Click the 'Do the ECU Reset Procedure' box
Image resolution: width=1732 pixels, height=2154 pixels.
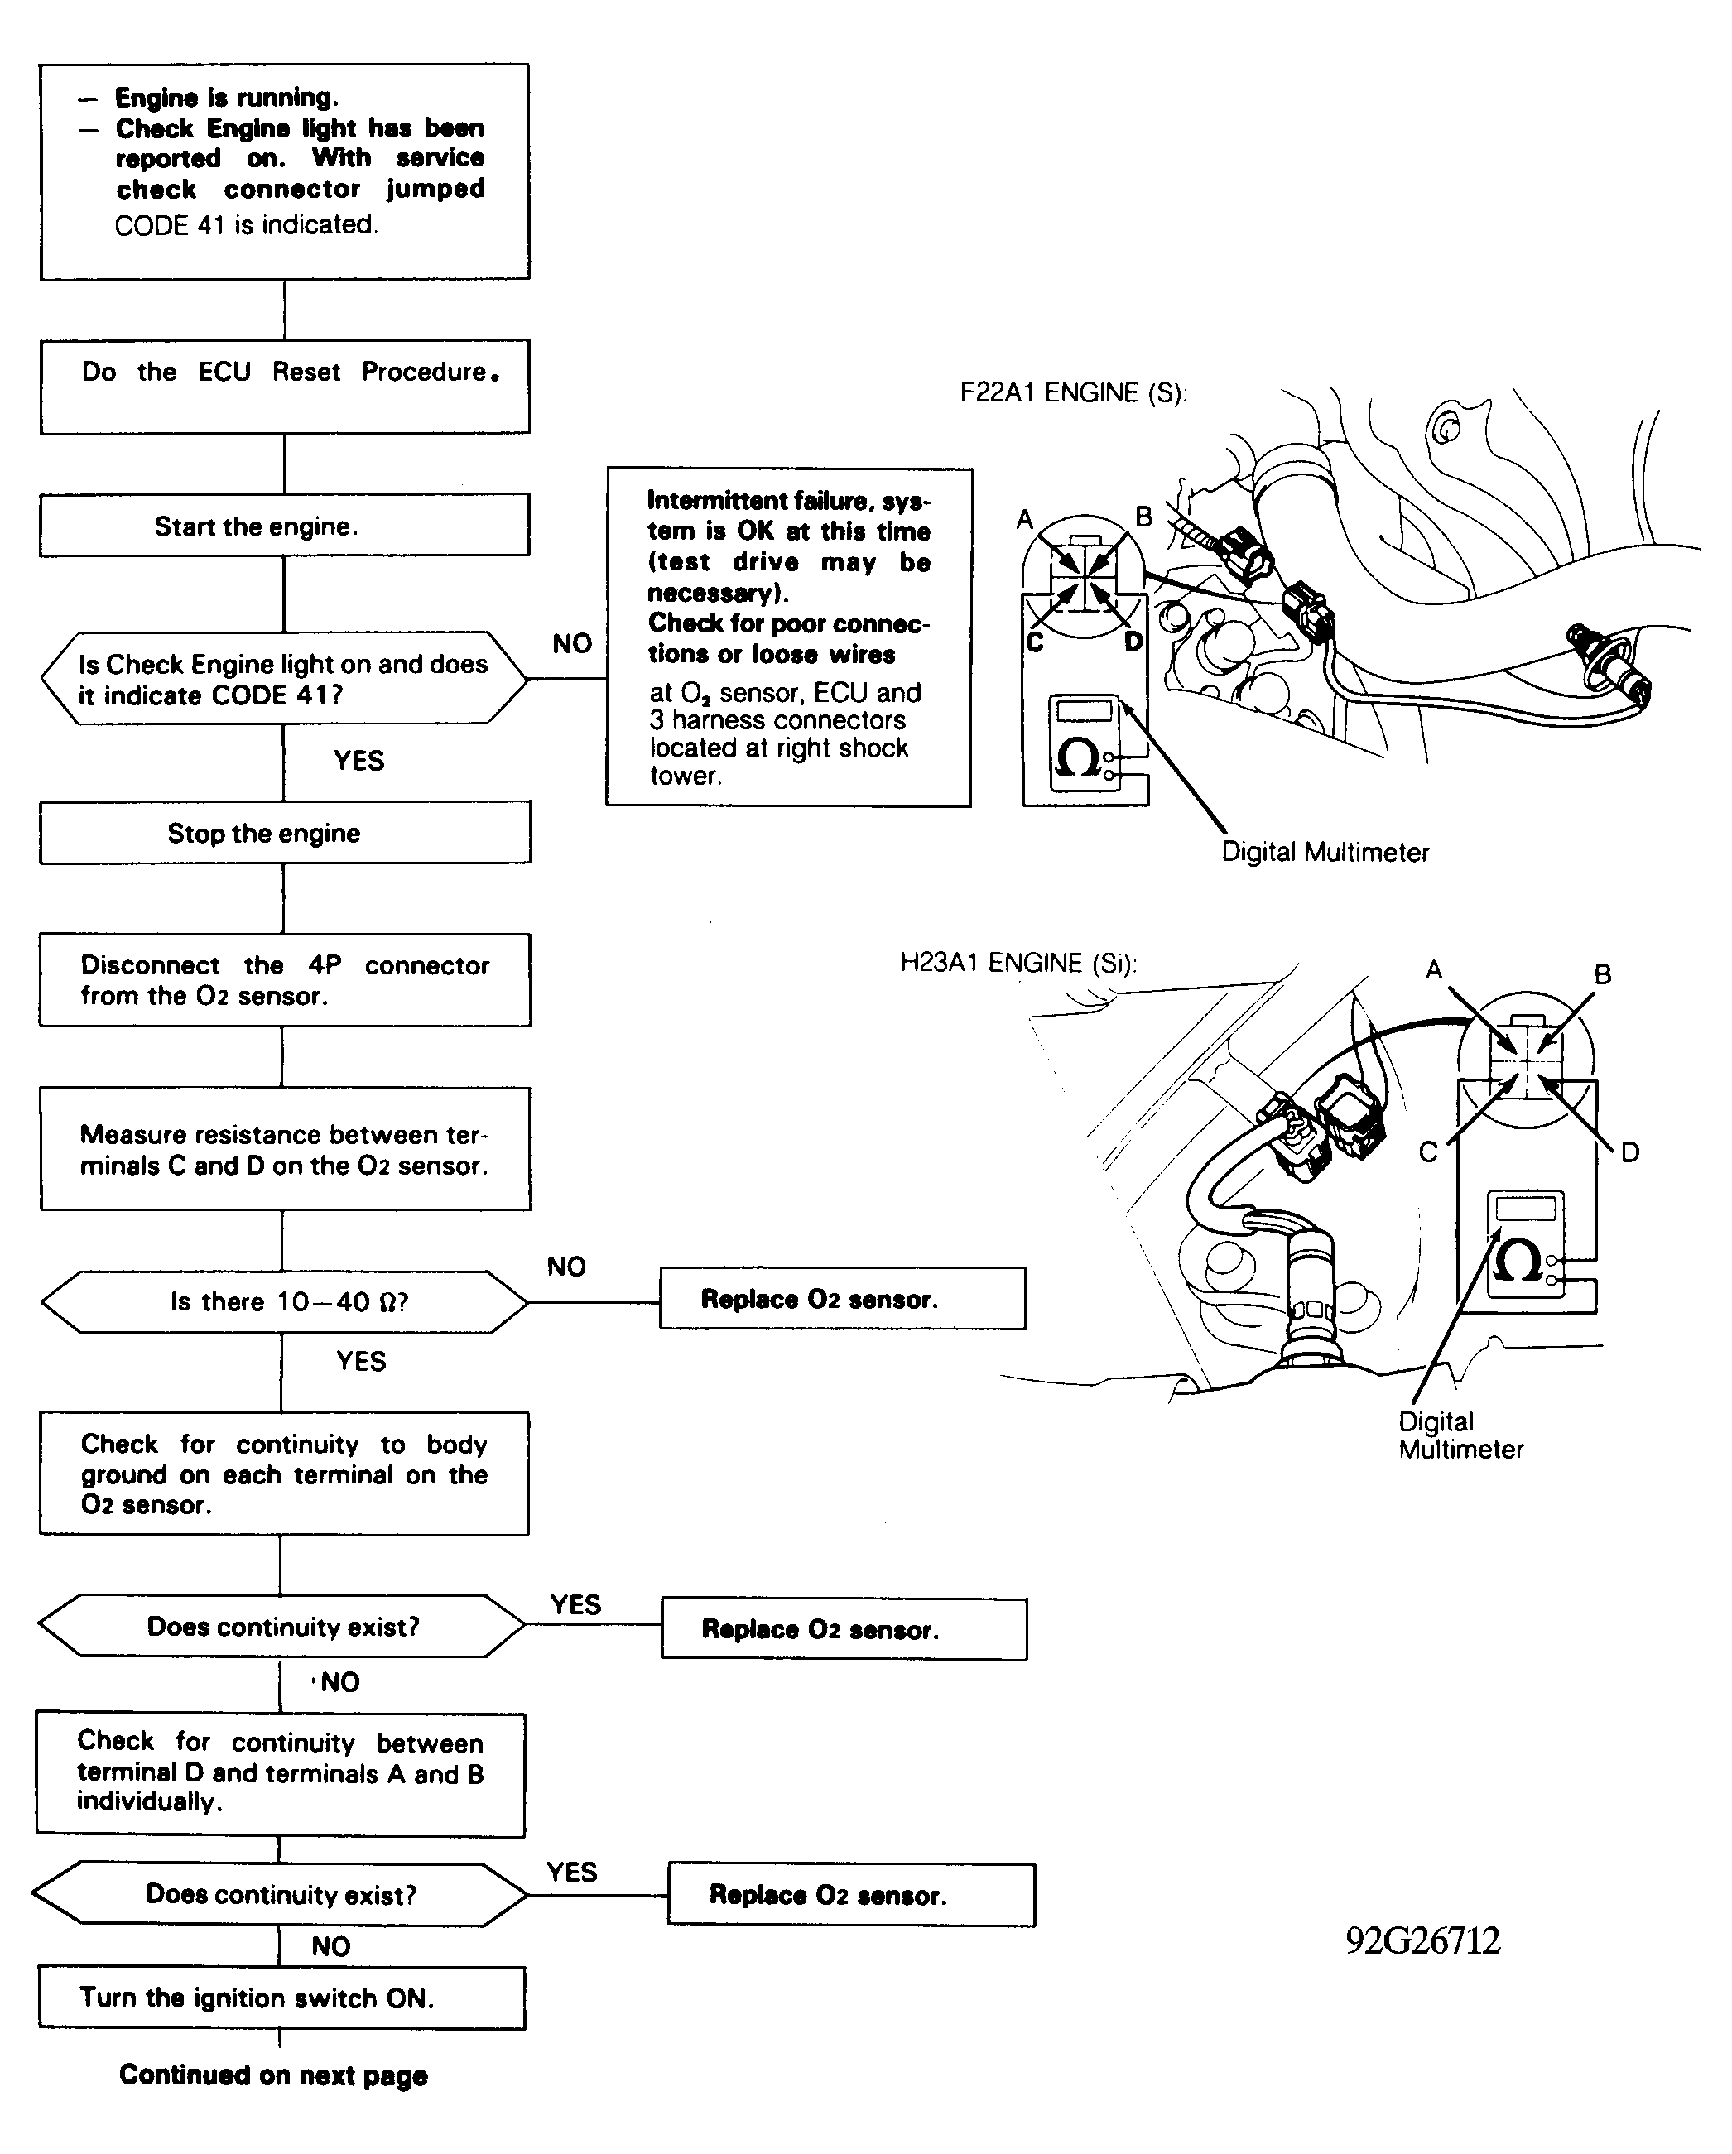(x=285, y=387)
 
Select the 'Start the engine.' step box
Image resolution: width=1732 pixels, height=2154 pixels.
(x=285, y=525)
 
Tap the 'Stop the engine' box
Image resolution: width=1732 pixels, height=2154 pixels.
(x=285, y=832)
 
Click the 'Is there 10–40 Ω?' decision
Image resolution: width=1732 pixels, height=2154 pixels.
(x=285, y=1302)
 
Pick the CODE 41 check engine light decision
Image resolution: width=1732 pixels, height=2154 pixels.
(x=284, y=678)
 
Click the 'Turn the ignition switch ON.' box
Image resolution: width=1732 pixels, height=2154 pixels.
(x=281, y=1998)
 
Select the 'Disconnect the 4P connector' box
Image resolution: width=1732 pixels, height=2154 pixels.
(x=285, y=980)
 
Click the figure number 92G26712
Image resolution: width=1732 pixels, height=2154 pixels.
(x=1423, y=1940)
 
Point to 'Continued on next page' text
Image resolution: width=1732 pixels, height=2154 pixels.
(x=273, y=2075)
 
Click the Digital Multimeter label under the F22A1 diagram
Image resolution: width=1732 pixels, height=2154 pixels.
(x=1325, y=852)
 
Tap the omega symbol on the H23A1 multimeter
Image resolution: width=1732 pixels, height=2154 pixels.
(x=1516, y=1261)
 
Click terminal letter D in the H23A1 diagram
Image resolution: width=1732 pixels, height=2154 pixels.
(x=1630, y=1153)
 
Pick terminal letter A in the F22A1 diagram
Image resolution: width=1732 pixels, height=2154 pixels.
(x=1024, y=520)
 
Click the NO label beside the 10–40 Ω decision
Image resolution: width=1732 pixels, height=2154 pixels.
(x=566, y=1267)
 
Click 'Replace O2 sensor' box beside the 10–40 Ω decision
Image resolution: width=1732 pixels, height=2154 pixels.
(x=843, y=1299)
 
